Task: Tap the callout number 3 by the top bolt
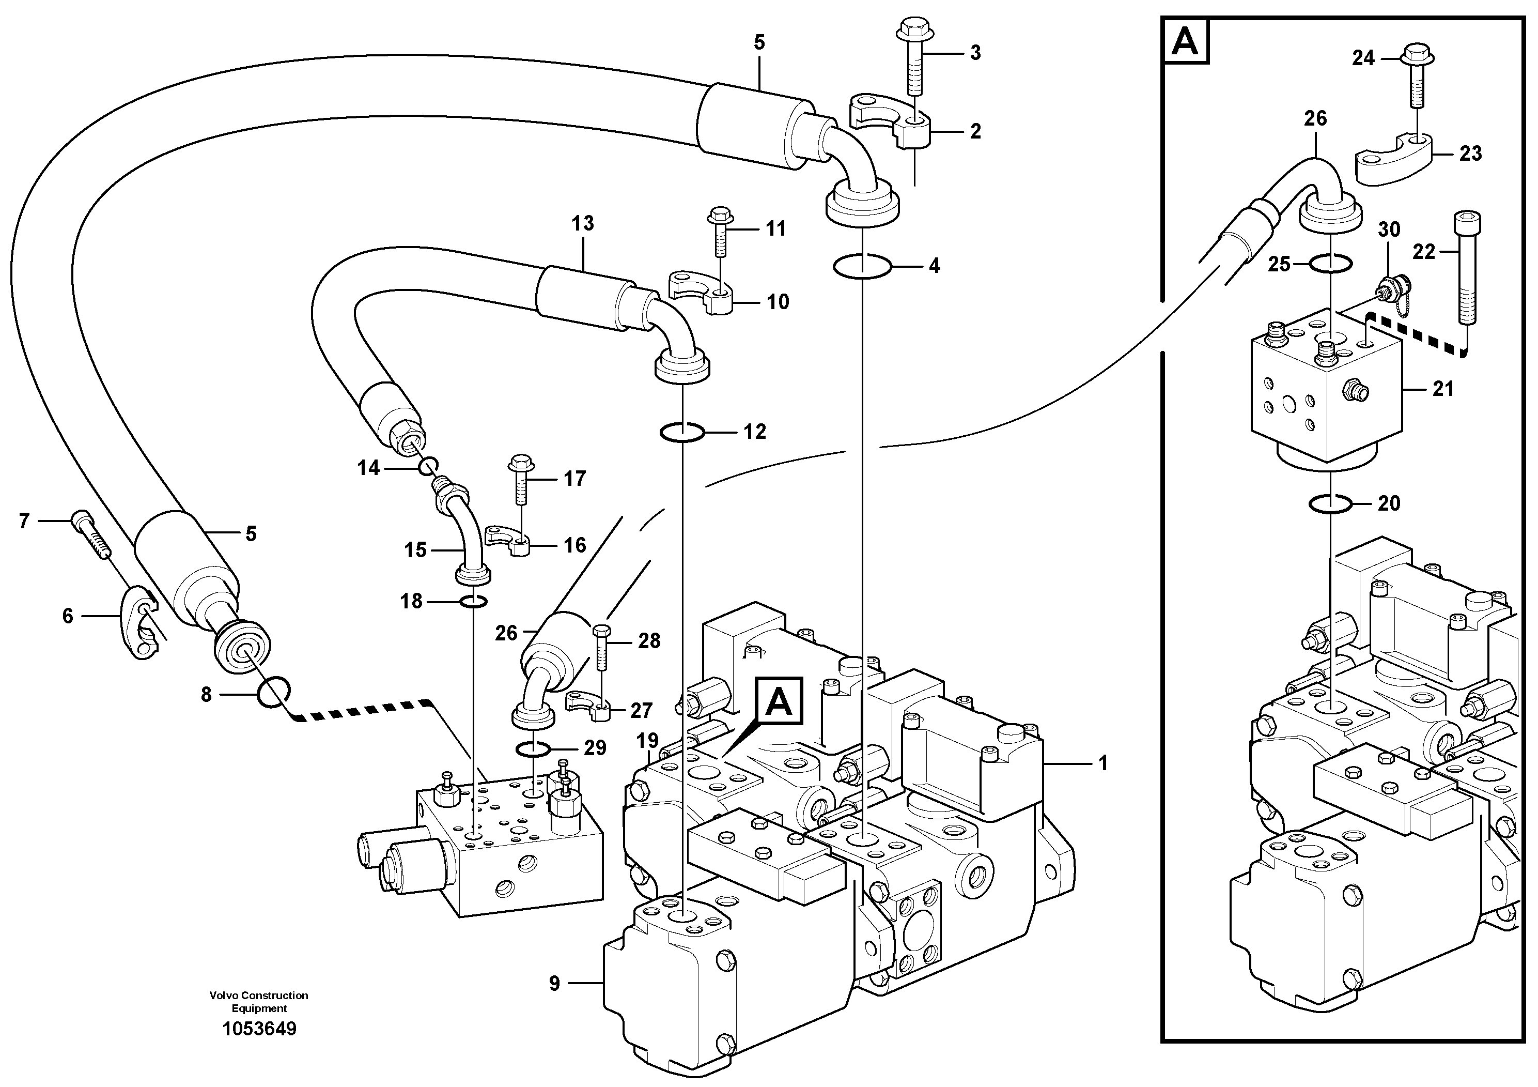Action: click(x=975, y=53)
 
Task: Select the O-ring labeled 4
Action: click(x=862, y=267)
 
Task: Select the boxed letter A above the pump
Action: click(x=779, y=701)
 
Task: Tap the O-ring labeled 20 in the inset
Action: click(x=1330, y=503)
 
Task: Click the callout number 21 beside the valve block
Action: click(x=1443, y=389)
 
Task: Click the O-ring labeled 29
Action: click(x=533, y=748)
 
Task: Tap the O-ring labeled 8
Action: click(x=274, y=691)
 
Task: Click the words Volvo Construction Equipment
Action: click(x=258, y=1001)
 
